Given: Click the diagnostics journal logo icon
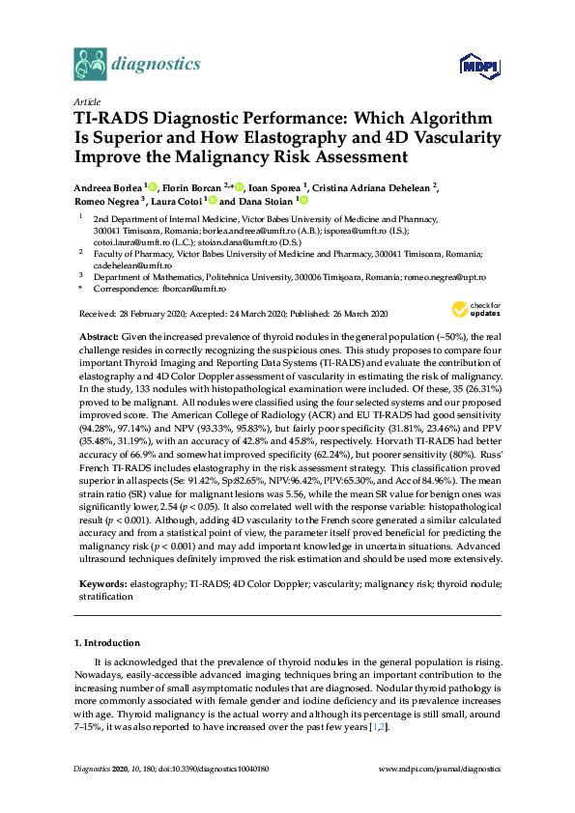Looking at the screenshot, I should pos(89,65).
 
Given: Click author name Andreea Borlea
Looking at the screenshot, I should pos(107,185).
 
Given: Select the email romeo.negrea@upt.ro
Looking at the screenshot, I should pos(454,276).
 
